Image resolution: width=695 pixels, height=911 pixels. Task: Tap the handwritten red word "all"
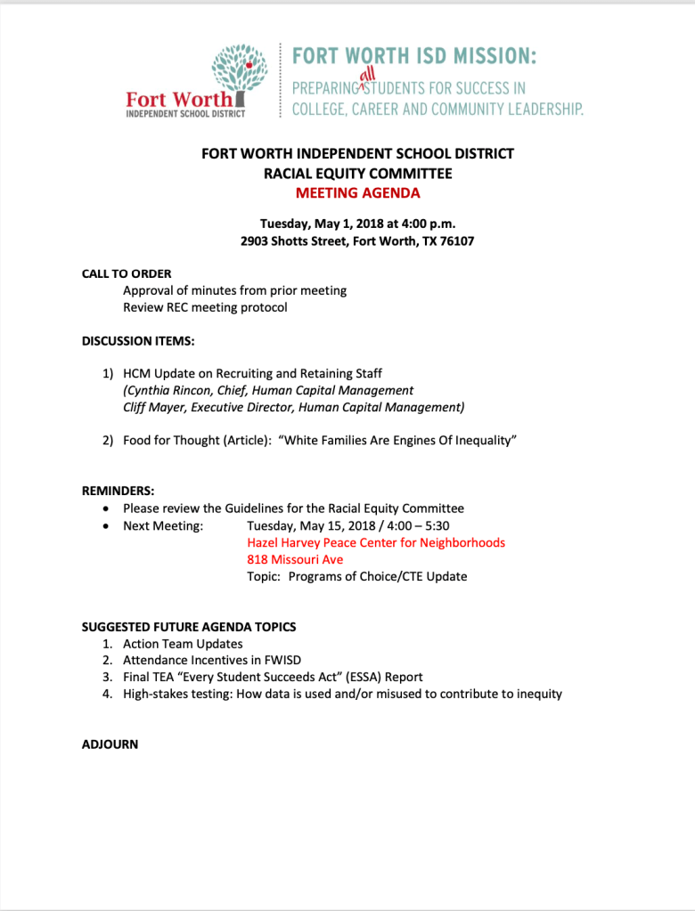point(365,77)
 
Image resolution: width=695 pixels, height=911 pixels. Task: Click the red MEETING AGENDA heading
point(357,192)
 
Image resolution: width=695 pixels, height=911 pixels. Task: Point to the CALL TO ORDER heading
point(127,273)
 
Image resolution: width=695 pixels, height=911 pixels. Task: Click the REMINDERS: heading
point(119,491)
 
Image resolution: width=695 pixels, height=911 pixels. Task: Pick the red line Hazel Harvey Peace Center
point(376,542)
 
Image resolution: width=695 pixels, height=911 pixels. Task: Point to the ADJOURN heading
point(110,744)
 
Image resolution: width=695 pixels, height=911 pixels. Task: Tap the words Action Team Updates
point(183,643)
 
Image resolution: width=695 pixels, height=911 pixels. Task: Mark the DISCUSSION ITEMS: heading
point(138,340)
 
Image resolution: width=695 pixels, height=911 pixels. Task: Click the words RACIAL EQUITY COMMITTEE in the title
point(357,173)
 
